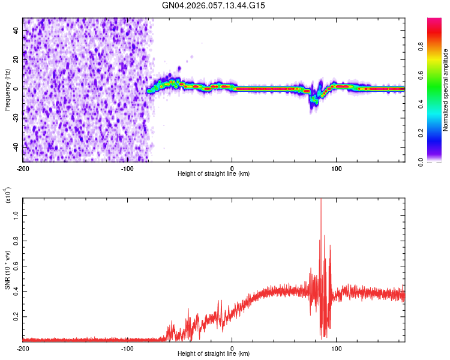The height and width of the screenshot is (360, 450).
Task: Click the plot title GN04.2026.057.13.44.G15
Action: click(214, 5)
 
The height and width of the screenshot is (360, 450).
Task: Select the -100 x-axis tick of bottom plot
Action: click(127, 348)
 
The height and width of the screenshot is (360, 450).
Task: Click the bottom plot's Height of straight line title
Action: click(214, 355)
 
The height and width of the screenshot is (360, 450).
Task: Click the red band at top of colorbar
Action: click(434, 24)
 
